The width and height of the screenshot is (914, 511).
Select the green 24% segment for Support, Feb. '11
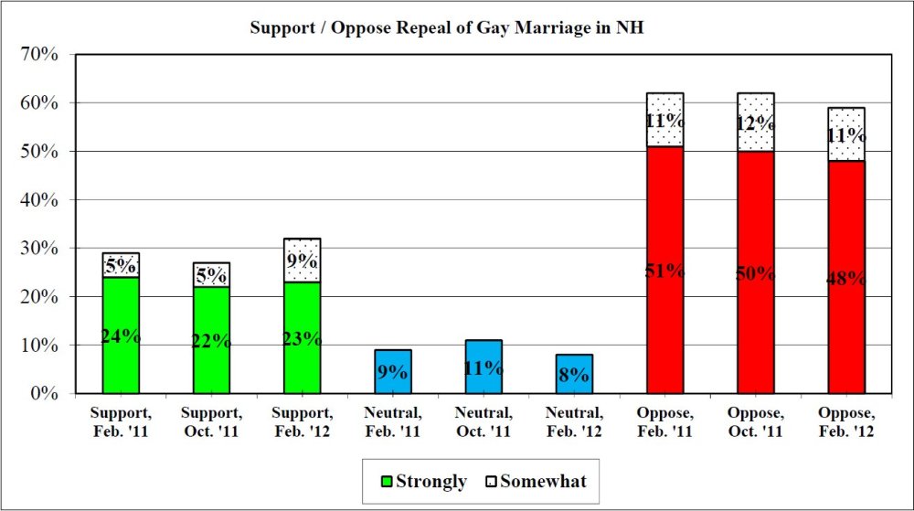(121, 335)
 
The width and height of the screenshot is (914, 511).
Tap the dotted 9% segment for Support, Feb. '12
(302, 261)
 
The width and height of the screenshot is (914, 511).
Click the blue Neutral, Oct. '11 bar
(484, 367)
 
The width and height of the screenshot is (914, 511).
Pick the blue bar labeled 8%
(574, 374)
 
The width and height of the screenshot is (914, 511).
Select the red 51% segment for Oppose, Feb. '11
(664, 270)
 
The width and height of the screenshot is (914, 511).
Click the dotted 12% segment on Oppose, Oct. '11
(755, 122)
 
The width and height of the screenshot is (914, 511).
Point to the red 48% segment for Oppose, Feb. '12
(846, 278)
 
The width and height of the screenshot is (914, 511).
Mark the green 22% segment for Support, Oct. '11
(211, 340)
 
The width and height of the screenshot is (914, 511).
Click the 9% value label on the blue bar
(392, 372)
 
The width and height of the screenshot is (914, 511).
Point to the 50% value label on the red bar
(755, 273)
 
